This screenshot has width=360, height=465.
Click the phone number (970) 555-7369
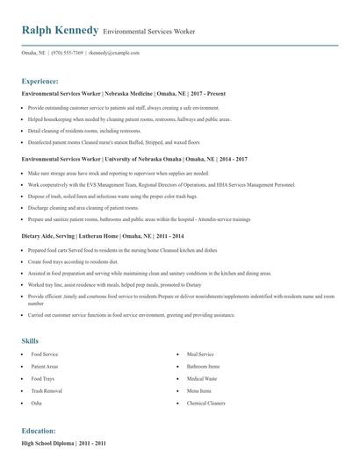click(68, 53)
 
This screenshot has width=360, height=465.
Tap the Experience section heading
click(47, 80)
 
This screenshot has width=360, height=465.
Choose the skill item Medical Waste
click(202, 378)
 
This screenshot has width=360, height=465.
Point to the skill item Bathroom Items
click(203, 366)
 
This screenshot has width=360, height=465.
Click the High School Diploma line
click(63, 445)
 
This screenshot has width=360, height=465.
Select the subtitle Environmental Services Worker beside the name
click(148, 32)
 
